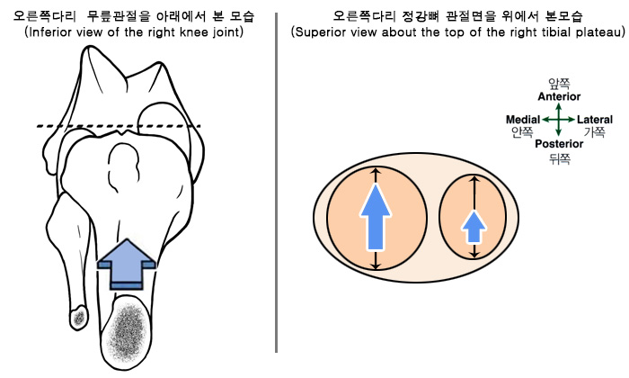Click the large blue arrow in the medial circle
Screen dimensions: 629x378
coord(375,217)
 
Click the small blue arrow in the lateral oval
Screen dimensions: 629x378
coord(474,228)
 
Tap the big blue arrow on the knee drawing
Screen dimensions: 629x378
coord(127,265)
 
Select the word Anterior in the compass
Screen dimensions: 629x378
coord(559,96)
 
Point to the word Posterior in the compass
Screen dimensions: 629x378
coord(559,144)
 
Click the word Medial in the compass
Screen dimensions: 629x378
coord(523,120)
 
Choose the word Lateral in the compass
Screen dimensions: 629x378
coord(595,120)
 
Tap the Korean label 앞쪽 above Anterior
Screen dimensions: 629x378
coord(559,84)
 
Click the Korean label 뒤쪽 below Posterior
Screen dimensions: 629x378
coord(559,159)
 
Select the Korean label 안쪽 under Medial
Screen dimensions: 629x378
coord(522,131)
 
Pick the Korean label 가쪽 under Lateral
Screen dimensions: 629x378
coord(595,131)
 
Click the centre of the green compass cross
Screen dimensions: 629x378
coord(558,120)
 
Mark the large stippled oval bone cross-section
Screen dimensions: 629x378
coord(128,331)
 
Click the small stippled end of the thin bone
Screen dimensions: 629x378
coord(79,317)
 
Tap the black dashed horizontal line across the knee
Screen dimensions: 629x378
coord(119,126)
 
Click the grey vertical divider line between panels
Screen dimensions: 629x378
coord(277,183)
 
